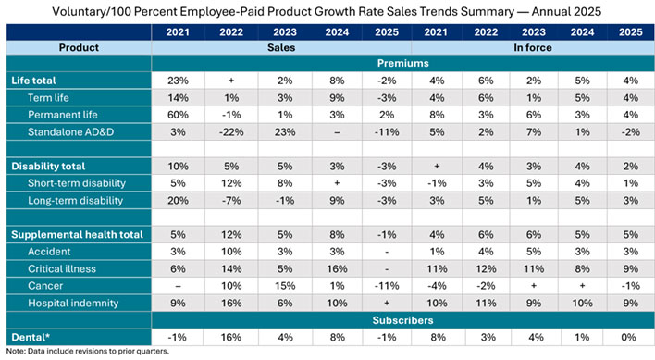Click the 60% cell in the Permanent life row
[x=178, y=115]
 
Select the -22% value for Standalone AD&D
[x=231, y=132]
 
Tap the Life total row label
[x=33, y=81]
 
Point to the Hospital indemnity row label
[x=73, y=304]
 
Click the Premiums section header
[x=402, y=63]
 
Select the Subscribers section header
[x=402, y=320]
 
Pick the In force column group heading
[x=533, y=47]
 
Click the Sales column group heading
[x=281, y=47]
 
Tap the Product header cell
[x=79, y=47]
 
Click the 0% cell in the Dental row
[x=628, y=338]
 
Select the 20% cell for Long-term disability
[x=178, y=201]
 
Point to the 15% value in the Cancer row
[x=285, y=286]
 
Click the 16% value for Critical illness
[x=337, y=269]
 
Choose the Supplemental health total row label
[x=78, y=235]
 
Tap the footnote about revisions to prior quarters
[x=88, y=352]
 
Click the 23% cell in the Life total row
[x=178, y=81]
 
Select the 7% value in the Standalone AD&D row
[x=534, y=132]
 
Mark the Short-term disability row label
[x=77, y=183]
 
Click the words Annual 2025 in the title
[x=566, y=11]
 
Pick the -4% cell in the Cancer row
[x=437, y=286]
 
